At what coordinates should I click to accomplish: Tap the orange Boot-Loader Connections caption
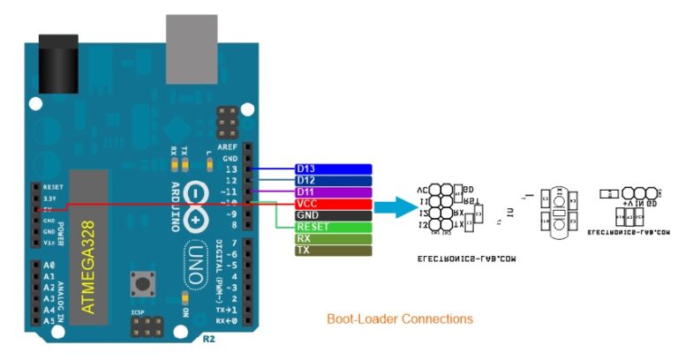400,319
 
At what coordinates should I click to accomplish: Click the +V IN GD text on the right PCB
629,203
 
